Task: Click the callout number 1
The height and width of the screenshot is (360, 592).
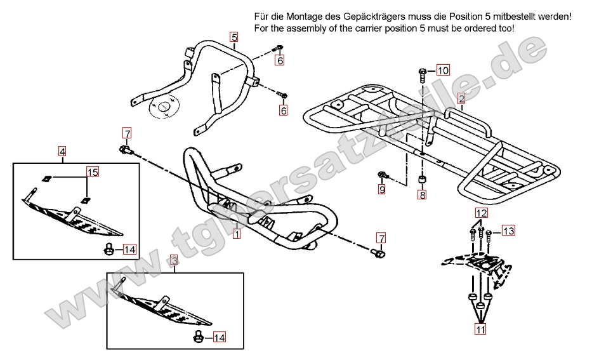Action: (x=236, y=234)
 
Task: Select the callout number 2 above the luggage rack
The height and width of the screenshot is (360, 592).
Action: (x=461, y=98)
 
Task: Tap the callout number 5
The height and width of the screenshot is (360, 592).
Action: (x=234, y=37)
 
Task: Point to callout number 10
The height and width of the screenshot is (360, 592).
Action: (x=442, y=70)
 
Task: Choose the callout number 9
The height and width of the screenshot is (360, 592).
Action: (x=382, y=189)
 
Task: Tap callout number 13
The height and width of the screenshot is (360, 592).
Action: (x=508, y=230)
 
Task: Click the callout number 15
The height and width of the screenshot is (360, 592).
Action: (x=93, y=172)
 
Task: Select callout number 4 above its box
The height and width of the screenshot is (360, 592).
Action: (x=62, y=151)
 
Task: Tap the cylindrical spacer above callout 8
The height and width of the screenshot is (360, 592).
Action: (x=422, y=180)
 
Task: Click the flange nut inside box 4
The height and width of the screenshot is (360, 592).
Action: (x=109, y=250)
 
